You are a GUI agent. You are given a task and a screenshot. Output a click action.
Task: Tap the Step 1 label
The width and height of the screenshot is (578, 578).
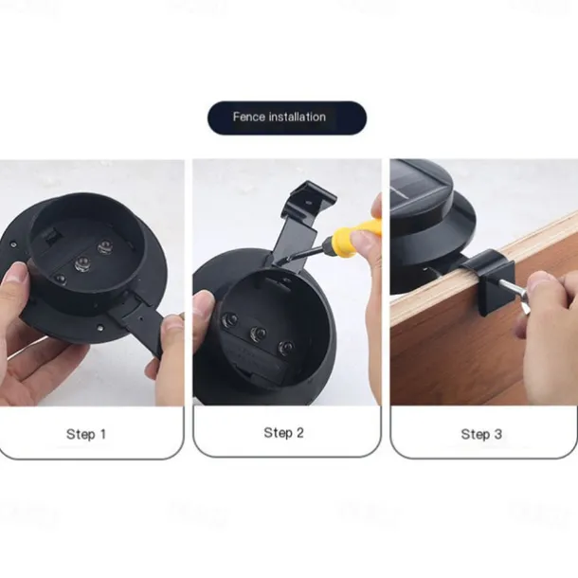[x=86, y=434]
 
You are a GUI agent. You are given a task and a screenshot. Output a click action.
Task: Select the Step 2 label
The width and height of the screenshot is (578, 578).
[x=283, y=432]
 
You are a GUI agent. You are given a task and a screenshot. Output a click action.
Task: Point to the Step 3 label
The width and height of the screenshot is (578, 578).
[x=481, y=434]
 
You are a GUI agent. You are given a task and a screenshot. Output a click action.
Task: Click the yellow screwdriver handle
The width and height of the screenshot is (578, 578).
[x=353, y=238]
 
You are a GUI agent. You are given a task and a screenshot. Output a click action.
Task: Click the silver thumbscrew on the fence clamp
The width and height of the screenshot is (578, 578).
[x=514, y=292]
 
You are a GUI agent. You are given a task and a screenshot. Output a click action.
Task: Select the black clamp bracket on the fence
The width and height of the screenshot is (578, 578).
[x=488, y=278]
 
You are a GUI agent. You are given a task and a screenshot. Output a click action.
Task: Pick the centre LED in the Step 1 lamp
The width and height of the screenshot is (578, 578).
[x=82, y=263]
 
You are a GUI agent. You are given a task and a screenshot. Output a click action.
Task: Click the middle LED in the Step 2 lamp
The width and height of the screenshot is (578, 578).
[x=258, y=334]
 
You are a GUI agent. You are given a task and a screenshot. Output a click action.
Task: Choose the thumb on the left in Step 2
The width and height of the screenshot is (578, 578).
[x=204, y=306]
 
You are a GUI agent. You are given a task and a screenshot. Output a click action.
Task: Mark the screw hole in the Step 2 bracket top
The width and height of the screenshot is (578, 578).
[x=309, y=202]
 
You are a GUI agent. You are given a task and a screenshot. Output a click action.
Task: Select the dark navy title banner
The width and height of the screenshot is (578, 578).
[x=287, y=117]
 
